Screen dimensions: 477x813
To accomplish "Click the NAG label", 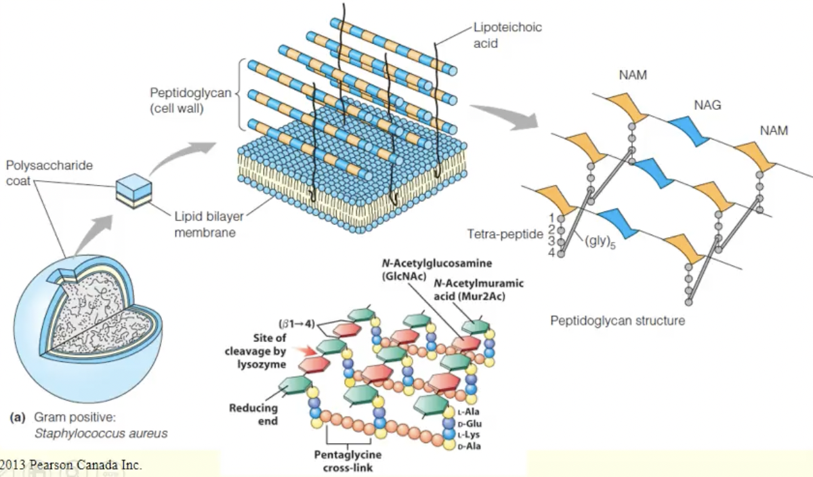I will [707, 106].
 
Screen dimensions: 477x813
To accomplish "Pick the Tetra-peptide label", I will [505, 234].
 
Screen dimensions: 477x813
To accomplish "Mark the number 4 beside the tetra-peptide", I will [551, 253].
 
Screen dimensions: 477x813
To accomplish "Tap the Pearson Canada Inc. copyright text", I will [70, 465].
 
